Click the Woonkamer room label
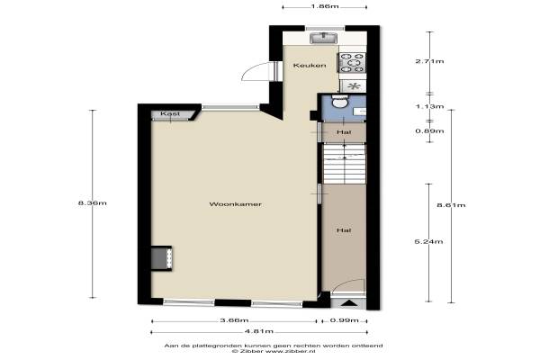click(x=236, y=204)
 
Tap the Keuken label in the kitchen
click(x=310, y=65)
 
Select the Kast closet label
click(x=170, y=113)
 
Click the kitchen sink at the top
click(x=324, y=38)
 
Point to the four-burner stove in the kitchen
click(x=352, y=63)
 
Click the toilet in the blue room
click(x=340, y=102)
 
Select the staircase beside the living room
click(x=345, y=164)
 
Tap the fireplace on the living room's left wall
click(x=161, y=258)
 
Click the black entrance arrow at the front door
click(x=350, y=303)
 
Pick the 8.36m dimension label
click(x=93, y=202)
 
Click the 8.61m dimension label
click(x=451, y=205)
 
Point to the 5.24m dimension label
click(x=428, y=241)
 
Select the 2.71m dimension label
click(x=429, y=61)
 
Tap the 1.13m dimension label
click(x=429, y=106)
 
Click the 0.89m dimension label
click(x=429, y=130)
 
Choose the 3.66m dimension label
click(x=234, y=320)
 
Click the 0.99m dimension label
click(x=345, y=320)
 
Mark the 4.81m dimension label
click(x=259, y=331)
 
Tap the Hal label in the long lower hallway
click(x=344, y=230)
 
